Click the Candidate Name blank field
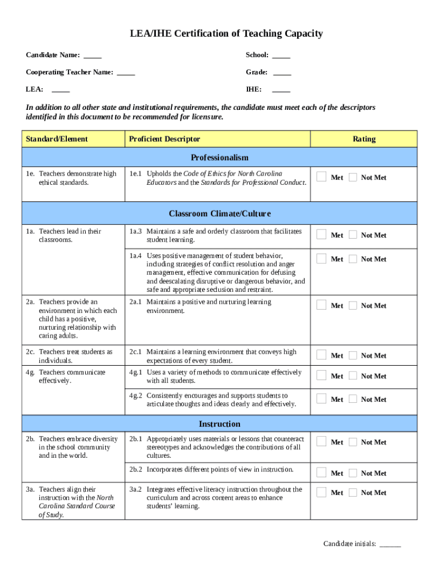pyautogui.click(x=93, y=56)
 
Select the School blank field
pyautogui.click(x=281, y=56)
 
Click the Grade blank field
pyautogui.click(x=282, y=73)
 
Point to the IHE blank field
pyautogui.click(x=281, y=90)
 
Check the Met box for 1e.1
pyautogui.click(x=322, y=177)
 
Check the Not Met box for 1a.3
pyautogui.click(x=353, y=235)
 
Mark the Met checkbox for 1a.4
pyautogui.click(x=322, y=259)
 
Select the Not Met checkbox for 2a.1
pyautogui.click(x=353, y=305)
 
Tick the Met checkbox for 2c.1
pyautogui.click(x=322, y=355)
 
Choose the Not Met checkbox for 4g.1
pyautogui.click(x=353, y=375)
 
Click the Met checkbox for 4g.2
pyautogui.click(x=322, y=399)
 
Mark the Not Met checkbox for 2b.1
pyautogui.click(x=353, y=441)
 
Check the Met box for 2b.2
pyautogui.click(x=322, y=473)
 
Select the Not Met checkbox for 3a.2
pyautogui.click(x=353, y=492)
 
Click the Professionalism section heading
pyautogui.click(x=219, y=157)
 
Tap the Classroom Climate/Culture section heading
pyautogui.click(x=219, y=214)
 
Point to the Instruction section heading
pyautogui.click(x=219, y=424)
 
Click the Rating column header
pyautogui.click(x=364, y=139)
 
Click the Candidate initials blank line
pyautogui.click(x=390, y=544)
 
